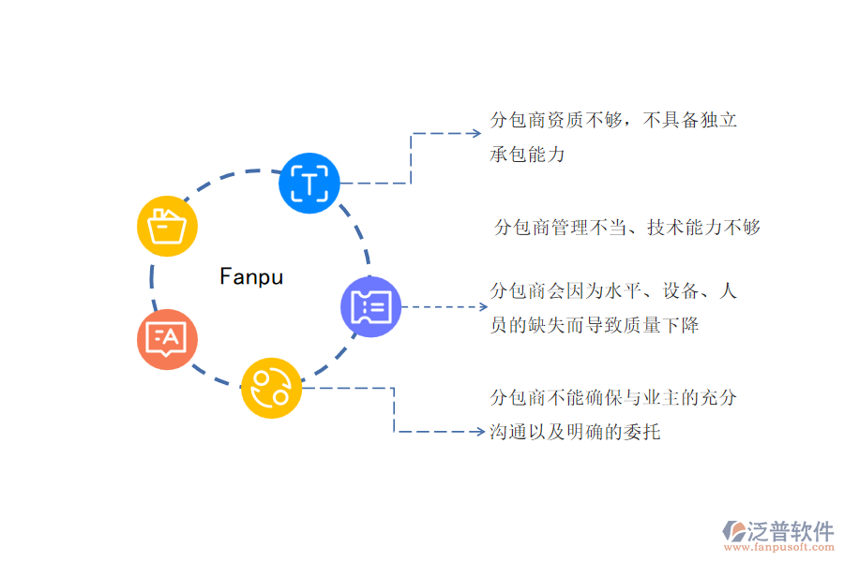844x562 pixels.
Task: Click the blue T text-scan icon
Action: [x=309, y=182]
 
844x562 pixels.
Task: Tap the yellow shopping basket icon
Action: [x=167, y=226]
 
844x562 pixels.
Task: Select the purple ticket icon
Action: [x=371, y=306]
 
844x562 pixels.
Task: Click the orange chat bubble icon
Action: [x=167, y=338]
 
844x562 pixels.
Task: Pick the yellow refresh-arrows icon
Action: [x=272, y=387]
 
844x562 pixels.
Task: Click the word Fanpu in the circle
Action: [x=251, y=276]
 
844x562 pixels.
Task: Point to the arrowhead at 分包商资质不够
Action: [x=476, y=134]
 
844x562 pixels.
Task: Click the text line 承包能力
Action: [x=527, y=154]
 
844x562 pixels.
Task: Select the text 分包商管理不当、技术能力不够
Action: [x=626, y=227]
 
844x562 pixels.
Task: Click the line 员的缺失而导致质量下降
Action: [x=594, y=325]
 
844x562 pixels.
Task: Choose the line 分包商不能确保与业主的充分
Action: [x=613, y=397]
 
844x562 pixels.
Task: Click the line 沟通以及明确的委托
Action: [x=575, y=432]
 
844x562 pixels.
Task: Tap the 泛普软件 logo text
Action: [x=791, y=531]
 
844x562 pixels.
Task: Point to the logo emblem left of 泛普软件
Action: [x=732, y=532]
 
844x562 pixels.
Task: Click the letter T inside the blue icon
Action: [x=309, y=182]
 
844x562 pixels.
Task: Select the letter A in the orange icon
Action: [x=174, y=335]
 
